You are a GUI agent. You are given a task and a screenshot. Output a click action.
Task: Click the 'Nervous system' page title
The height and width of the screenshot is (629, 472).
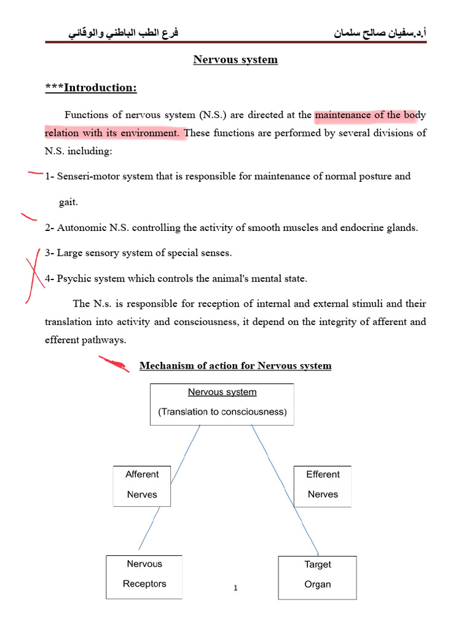pyautogui.click(x=235, y=60)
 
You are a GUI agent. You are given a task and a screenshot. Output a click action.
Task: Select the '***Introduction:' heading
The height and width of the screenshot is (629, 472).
pyautogui.click(x=91, y=88)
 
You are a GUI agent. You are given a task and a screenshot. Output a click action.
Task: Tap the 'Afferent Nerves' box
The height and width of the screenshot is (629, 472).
pyautogui.click(x=142, y=485)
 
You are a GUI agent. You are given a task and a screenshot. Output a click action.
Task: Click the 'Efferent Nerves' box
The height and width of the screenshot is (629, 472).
pyautogui.click(x=323, y=485)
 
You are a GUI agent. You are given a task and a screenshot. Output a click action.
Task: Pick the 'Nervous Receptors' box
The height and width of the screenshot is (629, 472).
pyautogui.click(x=144, y=574)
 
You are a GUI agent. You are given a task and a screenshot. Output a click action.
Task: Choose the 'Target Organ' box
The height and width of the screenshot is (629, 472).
pyautogui.click(x=318, y=575)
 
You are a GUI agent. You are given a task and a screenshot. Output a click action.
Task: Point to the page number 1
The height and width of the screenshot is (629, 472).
pyautogui.click(x=235, y=588)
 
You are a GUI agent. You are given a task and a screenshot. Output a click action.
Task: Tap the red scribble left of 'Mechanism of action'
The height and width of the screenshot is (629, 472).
pyautogui.click(x=116, y=365)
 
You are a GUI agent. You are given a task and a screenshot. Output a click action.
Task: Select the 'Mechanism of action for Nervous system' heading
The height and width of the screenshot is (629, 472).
pyautogui.click(x=235, y=366)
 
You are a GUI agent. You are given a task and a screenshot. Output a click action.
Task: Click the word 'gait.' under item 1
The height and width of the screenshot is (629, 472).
pyautogui.click(x=68, y=202)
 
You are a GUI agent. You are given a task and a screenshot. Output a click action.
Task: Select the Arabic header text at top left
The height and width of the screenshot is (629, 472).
pyautogui.click(x=123, y=32)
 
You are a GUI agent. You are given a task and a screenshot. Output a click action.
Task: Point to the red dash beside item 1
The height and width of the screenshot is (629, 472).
pyautogui.click(x=35, y=174)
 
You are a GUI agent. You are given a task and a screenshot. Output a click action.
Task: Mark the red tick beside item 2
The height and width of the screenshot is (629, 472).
pyautogui.click(x=29, y=216)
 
